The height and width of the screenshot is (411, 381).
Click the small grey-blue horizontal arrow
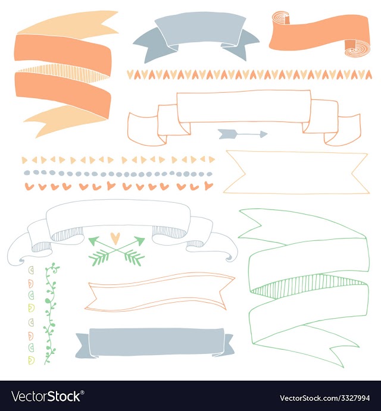click(x=243, y=134)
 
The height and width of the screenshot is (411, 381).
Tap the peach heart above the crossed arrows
click(x=115, y=238)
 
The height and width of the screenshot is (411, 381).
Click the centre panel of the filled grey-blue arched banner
click(x=200, y=29)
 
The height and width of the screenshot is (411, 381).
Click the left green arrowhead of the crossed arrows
click(x=94, y=240)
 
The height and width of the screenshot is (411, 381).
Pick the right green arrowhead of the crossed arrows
click(x=139, y=240)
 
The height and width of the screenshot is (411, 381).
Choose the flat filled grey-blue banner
click(x=155, y=343)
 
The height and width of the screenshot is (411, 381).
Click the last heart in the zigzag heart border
click(x=368, y=75)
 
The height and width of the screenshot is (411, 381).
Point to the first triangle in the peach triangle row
click(x=24, y=160)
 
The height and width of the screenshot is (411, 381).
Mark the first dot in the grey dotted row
click(x=27, y=172)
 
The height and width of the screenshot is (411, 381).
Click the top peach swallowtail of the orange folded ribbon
click(x=68, y=24)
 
